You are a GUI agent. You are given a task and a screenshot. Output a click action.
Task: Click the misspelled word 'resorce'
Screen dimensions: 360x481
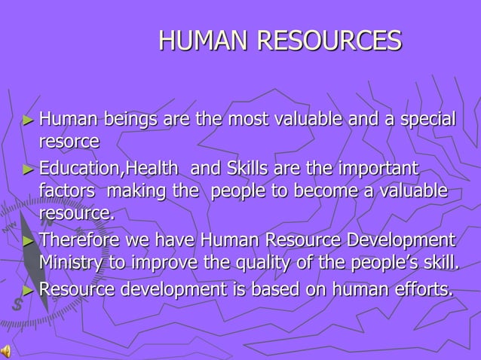(69, 141)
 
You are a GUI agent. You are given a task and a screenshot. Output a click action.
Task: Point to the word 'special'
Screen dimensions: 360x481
(427, 119)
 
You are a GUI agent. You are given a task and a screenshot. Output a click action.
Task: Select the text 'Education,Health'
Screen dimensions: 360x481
(109, 167)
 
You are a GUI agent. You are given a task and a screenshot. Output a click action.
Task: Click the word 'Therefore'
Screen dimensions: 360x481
(78, 240)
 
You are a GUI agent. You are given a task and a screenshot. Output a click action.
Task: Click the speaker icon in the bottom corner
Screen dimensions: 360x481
(6, 352)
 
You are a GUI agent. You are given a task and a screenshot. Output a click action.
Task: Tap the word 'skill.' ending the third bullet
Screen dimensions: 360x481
(438, 262)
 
